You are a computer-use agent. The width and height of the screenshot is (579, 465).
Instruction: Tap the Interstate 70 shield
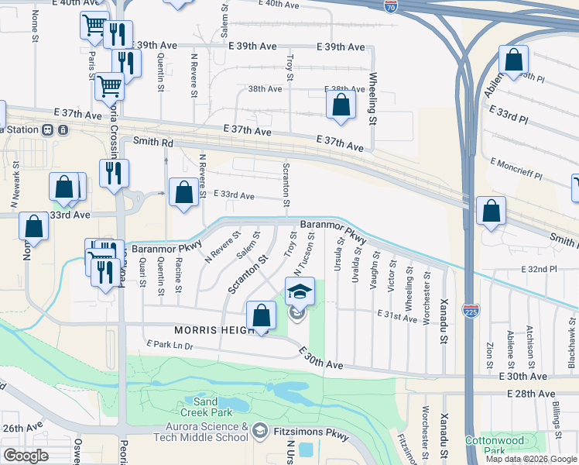tap(392, 8)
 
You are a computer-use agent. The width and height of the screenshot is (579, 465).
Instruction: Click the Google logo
tap(26, 456)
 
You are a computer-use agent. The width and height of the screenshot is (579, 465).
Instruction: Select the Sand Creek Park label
tap(205, 407)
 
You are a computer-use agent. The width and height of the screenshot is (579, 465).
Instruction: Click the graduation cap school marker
tap(300, 291)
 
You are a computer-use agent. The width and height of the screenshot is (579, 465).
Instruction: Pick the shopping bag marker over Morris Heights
tap(262, 315)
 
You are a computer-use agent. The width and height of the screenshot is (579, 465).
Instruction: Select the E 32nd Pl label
tap(539, 269)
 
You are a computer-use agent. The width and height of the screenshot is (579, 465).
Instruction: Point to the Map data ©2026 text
tap(516, 459)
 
